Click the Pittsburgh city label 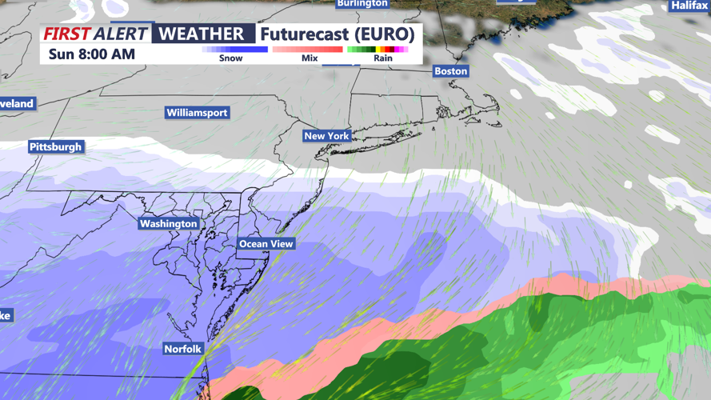click(x=55, y=147)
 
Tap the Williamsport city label click(x=197, y=113)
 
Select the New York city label click(x=326, y=136)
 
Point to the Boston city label click(x=450, y=71)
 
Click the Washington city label click(x=168, y=224)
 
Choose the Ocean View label click(x=266, y=244)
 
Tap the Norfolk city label click(x=182, y=350)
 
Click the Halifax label click(x=689, y=6)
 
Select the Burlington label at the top click(x=362, y=4)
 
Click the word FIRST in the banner click(x=66, y=34)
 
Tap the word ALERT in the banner click(x=120, y=34)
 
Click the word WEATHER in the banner click(x=200, y=34)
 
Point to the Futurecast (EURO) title click(x=337, y=34)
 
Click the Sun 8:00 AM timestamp click(x=92, y=54)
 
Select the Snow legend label click(x=230, y=58)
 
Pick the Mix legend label click(x=310, y=58)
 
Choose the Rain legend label click(x=382, y=58)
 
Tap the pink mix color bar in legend click(x=308, y=50)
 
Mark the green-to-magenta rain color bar click(x=378, y=50)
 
